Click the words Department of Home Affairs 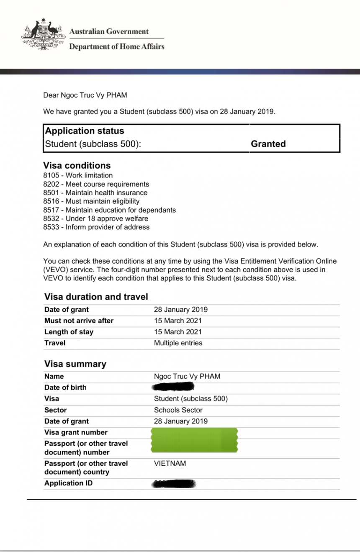[x=116, y=46]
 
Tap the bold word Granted [x=268, y=144]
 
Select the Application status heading [x=85, y=131]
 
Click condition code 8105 [x=51, y=175]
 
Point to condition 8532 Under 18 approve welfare [x=95, y=218]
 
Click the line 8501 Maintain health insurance [x=95, y=193]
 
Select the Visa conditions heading [x=77, y=165]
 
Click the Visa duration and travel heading [x=96, y=297]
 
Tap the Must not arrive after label [x=79, y=321]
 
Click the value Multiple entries [x=178, y=343]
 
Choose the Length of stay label [x=69, y=332]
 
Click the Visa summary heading [x=75, y=364]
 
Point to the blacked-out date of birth [x=174, y=387]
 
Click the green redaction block [x=195, y=440]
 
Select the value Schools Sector [x=178, y=410]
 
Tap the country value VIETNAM [x=170, y=464]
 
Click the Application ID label [x=68, y=483]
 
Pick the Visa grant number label [x=76, y=433]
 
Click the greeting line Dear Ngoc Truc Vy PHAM [x=85, y=95]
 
